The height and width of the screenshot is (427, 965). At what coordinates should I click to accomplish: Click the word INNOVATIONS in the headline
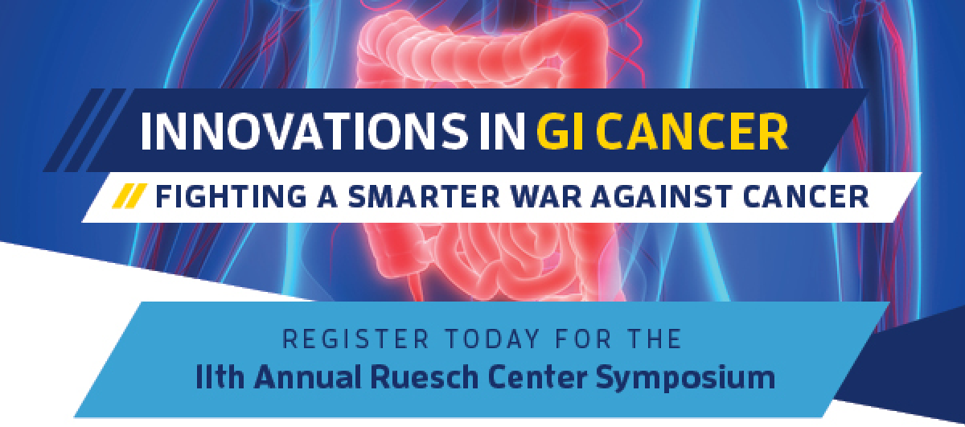(305, 131)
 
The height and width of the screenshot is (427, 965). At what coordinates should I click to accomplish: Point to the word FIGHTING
(231, 196)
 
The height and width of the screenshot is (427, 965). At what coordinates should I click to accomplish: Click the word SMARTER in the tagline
(423, 196)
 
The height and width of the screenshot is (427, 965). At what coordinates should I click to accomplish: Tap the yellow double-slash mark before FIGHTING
(129, 196)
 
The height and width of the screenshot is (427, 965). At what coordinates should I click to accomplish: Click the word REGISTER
(355, 339)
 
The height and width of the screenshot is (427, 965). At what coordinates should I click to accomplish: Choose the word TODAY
(491, 339)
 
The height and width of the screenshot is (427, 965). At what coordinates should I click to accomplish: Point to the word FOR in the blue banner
(583, 339)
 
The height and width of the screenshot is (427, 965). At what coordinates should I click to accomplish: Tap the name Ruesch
(425, 376)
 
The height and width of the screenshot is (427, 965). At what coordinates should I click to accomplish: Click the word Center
(537, 376)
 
